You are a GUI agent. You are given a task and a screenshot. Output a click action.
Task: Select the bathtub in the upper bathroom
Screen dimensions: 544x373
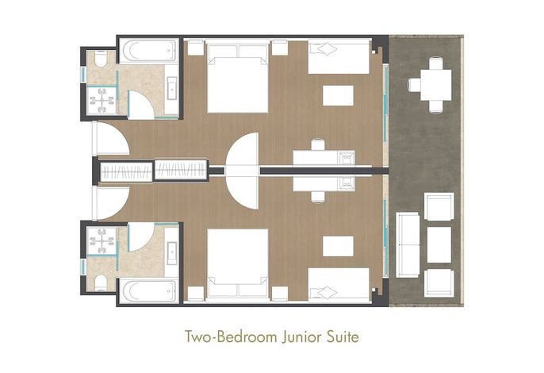coord(150,51)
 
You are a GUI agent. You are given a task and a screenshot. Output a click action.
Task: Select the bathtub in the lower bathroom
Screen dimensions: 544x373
coord(150,291)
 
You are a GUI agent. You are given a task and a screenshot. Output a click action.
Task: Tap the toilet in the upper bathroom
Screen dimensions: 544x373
coord(101,59)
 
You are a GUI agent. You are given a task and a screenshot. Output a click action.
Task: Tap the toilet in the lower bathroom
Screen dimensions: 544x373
coord(101,283)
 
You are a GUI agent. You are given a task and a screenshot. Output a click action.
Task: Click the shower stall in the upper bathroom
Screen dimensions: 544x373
coord(102,100)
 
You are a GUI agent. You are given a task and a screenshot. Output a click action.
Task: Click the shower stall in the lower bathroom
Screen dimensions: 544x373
coord(102,240)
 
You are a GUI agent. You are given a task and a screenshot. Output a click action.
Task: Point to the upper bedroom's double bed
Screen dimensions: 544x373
coord(238,76)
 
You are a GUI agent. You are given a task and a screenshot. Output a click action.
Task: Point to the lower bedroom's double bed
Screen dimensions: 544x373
coord(238,266)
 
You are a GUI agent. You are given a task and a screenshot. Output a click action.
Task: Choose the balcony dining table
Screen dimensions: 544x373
coord(436,85)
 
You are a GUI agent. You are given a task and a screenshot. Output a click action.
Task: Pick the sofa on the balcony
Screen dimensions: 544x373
coord(408,245)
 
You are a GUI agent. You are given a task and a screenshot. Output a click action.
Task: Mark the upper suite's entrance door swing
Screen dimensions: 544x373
coord(112,138)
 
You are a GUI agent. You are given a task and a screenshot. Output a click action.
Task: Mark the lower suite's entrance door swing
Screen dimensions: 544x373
coord(112,203)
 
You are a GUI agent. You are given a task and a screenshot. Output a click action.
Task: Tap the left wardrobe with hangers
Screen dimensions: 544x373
coord(126,171)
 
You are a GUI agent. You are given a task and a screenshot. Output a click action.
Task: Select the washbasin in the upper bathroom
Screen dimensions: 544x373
coord(172,88)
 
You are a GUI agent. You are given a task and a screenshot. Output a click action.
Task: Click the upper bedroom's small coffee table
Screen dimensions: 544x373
coord(339,95)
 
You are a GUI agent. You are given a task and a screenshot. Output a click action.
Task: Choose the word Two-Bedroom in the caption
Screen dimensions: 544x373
coord(232,336)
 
